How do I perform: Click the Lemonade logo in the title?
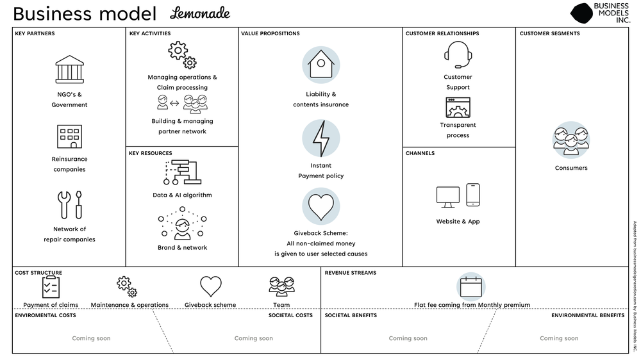200,13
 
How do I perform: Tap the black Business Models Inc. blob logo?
581,13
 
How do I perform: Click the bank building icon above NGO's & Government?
70,69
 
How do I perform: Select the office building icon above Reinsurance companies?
70,136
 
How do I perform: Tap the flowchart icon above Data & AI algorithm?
182,172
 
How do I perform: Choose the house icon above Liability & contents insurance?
320,65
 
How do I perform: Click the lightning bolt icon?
320,138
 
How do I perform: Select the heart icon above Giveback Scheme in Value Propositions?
320,207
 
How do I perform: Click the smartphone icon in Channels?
473,195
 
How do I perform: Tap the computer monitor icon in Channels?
448,197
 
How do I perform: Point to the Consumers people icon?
571,140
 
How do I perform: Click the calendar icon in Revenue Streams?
471,286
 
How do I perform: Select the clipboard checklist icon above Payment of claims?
51,286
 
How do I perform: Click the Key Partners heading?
35,33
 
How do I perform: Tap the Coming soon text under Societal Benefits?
408,338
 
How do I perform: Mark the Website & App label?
458,222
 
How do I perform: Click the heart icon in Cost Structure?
210,286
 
